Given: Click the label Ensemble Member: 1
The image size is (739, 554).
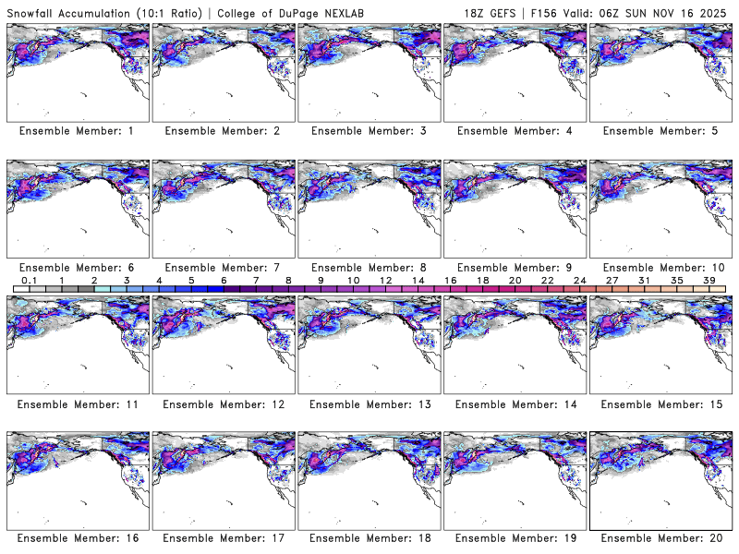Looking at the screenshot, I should point(76,131).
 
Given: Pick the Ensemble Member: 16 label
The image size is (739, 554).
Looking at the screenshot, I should point(76,537).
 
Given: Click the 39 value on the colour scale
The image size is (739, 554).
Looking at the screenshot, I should point(709,280).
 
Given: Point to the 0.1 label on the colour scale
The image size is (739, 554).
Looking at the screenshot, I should point(29,280).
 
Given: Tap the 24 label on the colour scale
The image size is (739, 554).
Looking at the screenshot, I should point(580,280).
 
